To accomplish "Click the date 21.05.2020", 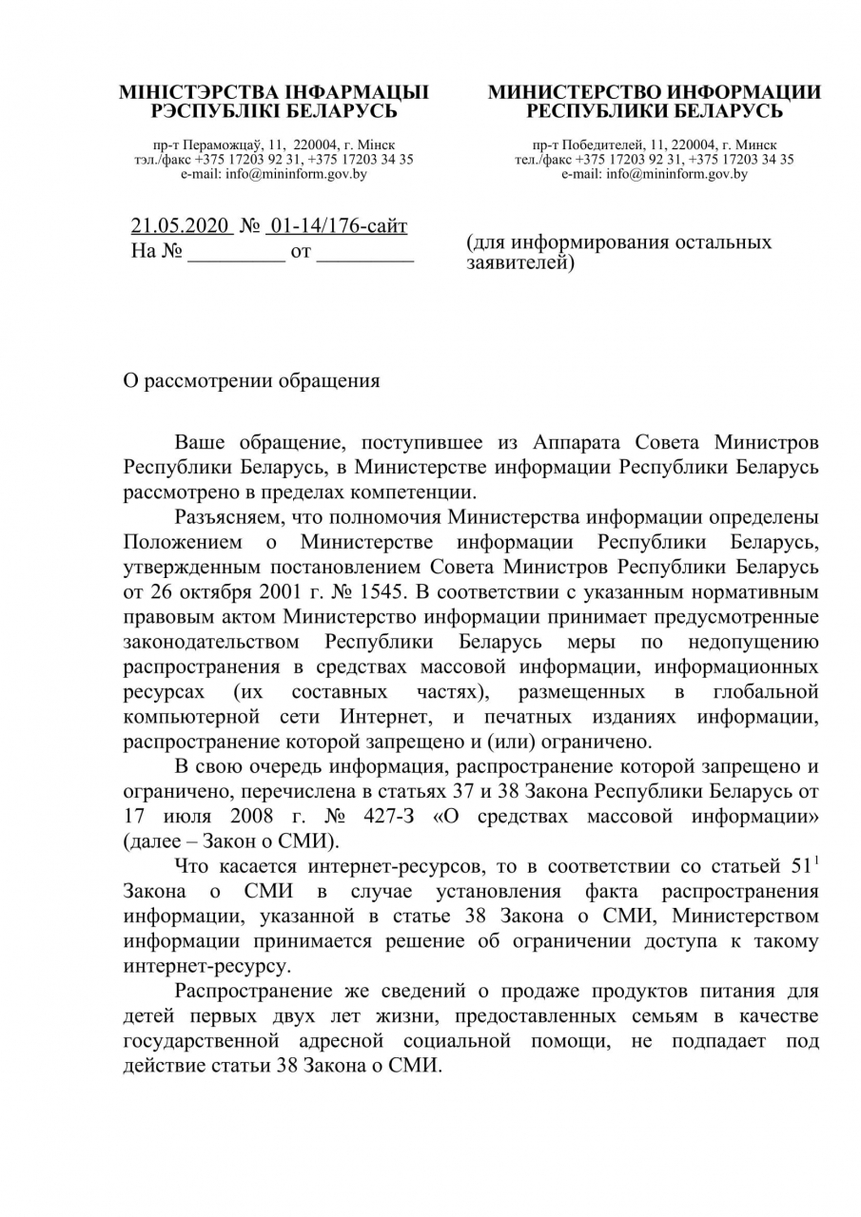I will click(181, 227).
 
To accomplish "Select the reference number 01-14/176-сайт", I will click(339, 227).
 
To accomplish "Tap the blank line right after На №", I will click(236, 254).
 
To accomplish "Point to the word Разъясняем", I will click(229, 517).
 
